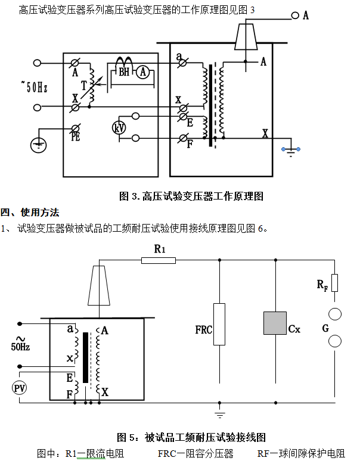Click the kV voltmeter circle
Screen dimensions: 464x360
coord(119,127)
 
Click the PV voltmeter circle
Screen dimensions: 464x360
coord(20,388)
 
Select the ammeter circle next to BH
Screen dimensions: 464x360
coord(142,72)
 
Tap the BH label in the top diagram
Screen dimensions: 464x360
coord(123,72)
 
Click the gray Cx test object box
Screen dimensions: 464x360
coord(275,323)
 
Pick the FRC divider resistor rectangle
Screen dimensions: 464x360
coord(219,324)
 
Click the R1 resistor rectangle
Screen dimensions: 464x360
coord(159,260)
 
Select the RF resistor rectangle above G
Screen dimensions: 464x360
coord(334,282)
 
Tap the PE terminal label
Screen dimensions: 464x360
coord(76,136)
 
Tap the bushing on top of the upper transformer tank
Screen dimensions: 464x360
coord(246,35)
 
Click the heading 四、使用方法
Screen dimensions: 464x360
coord(30,212)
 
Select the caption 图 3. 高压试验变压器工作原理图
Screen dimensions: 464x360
coord(191,195)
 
